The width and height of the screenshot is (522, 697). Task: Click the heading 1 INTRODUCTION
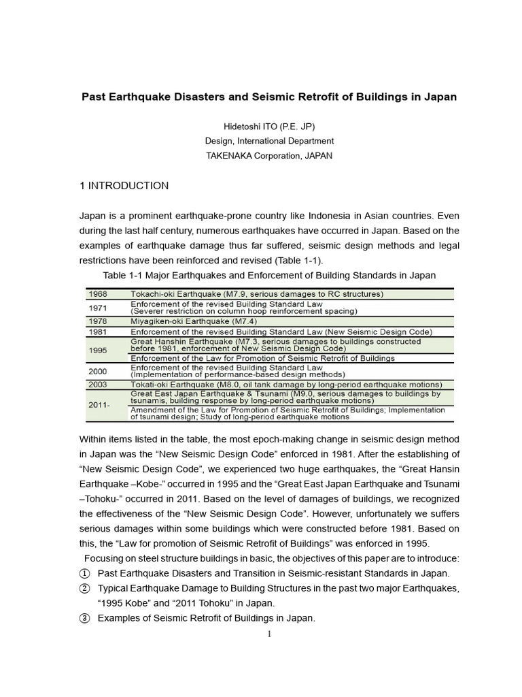pyautogui.click(x=124, y=186)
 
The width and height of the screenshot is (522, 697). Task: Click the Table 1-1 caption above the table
pyautogui.click(x=269, y=275)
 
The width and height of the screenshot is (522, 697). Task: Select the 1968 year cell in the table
pyautogui.click(x=99, y=294)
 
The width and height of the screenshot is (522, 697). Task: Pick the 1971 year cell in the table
pyautogui.click(x=99, y=307)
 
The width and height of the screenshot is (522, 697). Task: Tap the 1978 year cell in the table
pyautogui.click(x=99, y=321)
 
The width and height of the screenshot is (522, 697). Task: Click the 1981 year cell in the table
pyautogui.click(x=99, y=331)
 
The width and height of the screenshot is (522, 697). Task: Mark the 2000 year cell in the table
pyautogui.click(x=99, y=371)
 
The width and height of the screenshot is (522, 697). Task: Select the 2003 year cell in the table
pyautogui.click(x=99, y=385)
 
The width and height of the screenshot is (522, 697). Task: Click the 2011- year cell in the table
pyautogui.click(x=100, y=404)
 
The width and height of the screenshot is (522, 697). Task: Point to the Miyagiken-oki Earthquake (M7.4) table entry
pyautogui.click(x=194, y=321)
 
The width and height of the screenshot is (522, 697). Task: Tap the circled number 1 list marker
pyautogui.click(x=86, y=573)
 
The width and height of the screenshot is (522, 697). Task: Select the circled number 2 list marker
pyautogui.click(x=86, y=588)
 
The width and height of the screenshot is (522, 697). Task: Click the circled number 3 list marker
pyautogui.click(x=86, y=618)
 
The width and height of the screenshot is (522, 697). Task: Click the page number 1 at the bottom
pyautogui.click(x=269, y=634)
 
